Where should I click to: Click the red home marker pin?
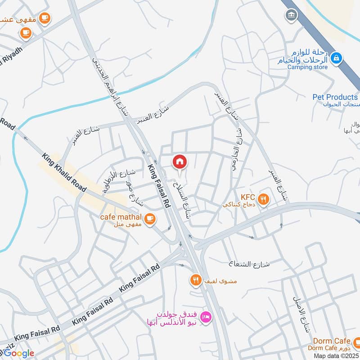180,162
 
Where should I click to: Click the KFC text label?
248,197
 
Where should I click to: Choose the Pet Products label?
335,97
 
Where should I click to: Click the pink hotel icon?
207,317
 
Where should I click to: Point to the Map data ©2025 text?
336,356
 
